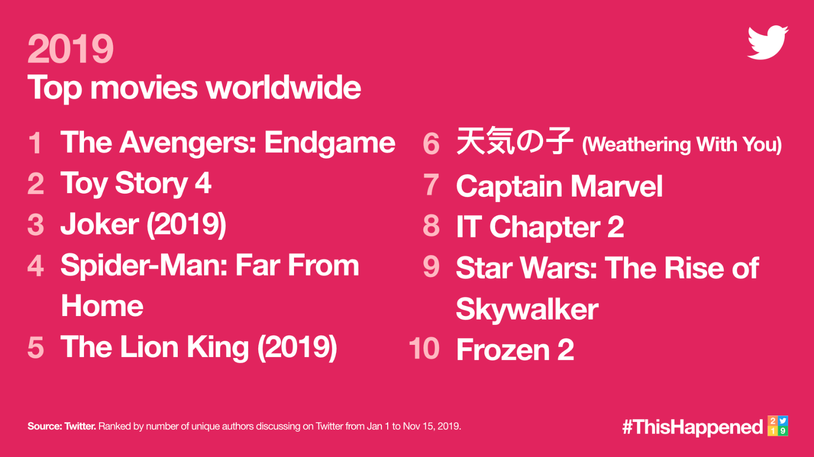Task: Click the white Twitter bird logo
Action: (768, 42)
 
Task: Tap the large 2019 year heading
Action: (70, 48)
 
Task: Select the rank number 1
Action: (35, 143)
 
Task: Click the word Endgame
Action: (330, 143)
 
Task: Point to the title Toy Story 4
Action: (136, 184)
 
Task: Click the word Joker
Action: (100, 224)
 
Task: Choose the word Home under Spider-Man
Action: (102, 306)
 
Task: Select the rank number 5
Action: (36, 347)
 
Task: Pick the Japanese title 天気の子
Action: (515, 141)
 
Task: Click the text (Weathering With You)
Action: (682, 144)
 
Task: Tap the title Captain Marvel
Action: (559, 186)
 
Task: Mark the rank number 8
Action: (431, 225)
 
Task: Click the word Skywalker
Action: (527, 309)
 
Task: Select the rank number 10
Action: (424, 348)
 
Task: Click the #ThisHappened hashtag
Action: (692, 427)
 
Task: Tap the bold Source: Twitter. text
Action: (62, 426)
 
